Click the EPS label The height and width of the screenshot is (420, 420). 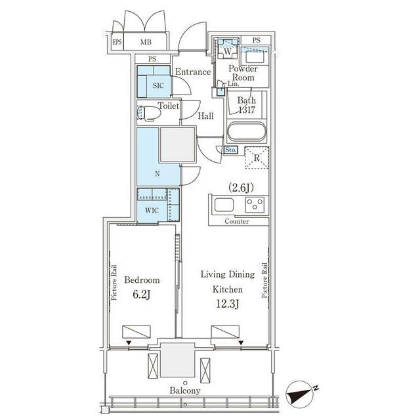117,42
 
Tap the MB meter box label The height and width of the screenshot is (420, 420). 146,42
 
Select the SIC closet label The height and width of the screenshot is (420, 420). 158,85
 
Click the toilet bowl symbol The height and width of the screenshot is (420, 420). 149,113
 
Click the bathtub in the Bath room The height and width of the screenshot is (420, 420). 247,131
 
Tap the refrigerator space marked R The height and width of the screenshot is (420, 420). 257,157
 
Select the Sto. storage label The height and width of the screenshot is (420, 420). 230,150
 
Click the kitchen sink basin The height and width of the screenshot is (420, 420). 224,205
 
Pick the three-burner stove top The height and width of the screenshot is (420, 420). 255,205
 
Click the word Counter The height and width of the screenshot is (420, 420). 236,221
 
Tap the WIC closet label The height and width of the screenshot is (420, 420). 152,211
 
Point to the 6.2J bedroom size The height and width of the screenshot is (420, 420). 142,295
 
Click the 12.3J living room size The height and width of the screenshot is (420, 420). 228,304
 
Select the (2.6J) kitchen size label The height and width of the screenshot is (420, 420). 241,188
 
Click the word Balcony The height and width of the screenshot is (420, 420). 185,391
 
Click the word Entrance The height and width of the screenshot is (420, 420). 193,72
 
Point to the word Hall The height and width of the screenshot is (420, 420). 205,116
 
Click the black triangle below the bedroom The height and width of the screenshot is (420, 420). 129,343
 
